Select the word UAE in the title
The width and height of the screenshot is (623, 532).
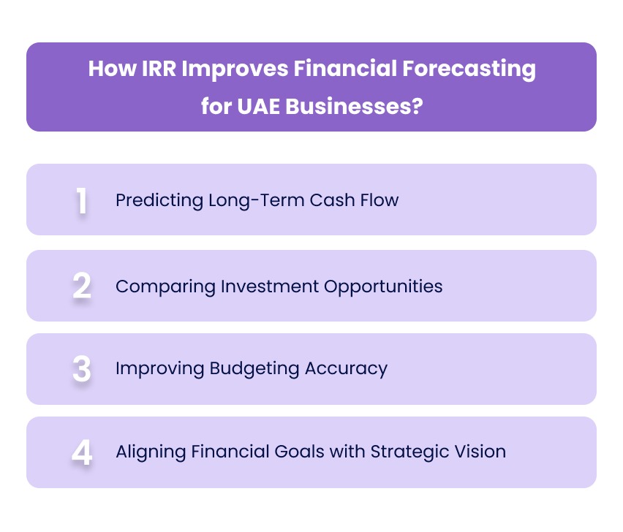pos(253,106)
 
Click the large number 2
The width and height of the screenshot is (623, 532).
pos(82,286)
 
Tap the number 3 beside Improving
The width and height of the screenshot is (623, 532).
pos(82,369)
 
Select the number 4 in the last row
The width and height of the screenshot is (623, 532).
pos(82,452)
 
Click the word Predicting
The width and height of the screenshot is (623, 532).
pos(151,200)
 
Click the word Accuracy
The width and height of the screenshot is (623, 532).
pos(344,368)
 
